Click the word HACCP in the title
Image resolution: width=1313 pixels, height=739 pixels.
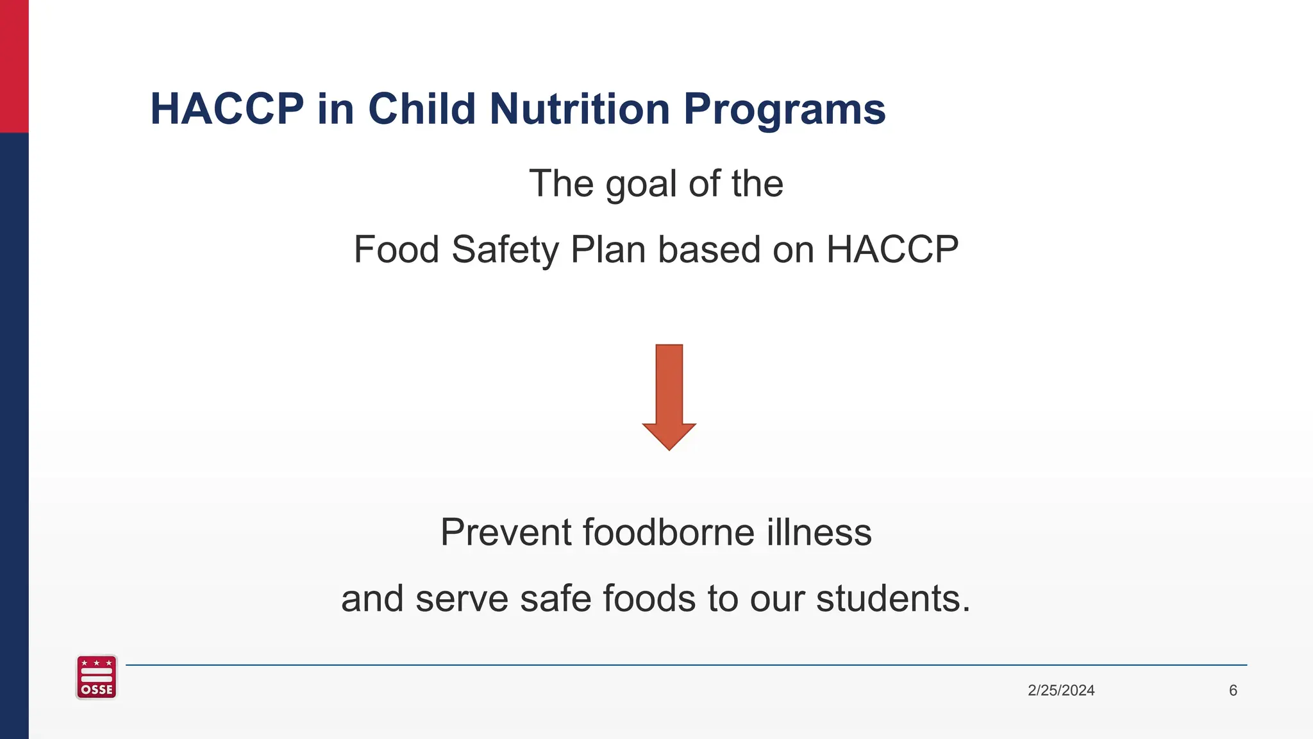click(227, 108)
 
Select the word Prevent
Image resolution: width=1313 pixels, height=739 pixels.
click(506, 532)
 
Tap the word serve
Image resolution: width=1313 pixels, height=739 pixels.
click(462, 599)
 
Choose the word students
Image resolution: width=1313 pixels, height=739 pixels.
click(892, 599)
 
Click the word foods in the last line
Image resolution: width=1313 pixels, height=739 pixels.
click(649, 599)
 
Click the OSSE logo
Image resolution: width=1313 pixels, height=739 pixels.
click(96, 677)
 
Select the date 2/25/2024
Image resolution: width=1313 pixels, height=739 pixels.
click(1061, 690)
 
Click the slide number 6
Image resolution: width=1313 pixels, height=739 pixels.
click(1233, 690)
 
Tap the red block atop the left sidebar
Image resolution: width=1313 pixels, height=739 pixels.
click(14, 66)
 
